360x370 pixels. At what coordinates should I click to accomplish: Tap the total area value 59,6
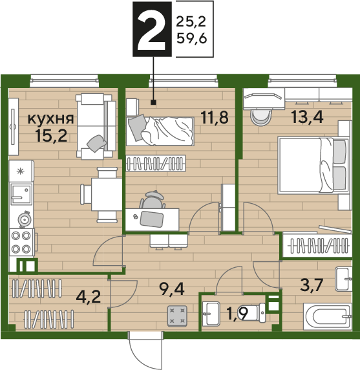(192, 38)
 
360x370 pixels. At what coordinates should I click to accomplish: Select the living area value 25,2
(191, 22)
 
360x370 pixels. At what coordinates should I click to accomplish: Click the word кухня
(51, 118)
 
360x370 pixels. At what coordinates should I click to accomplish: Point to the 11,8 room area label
(215, 118)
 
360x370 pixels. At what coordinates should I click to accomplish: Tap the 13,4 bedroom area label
(307, 116)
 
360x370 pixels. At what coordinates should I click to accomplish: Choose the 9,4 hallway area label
(172, 289)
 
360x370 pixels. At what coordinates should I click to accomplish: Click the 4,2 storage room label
(89, 297)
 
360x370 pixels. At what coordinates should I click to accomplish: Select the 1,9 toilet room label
(237, 314)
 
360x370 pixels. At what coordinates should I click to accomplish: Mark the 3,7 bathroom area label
(312, 285)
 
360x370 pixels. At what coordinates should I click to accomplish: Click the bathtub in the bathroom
(328, 316)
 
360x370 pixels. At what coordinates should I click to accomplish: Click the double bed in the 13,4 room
(313, 166)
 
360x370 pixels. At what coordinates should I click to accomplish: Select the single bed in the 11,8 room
(160, 131)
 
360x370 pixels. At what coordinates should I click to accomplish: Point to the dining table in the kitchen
(107, 195)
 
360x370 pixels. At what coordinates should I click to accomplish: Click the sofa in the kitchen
(96, 125)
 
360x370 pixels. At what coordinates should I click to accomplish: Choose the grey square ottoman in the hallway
(177, 316)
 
